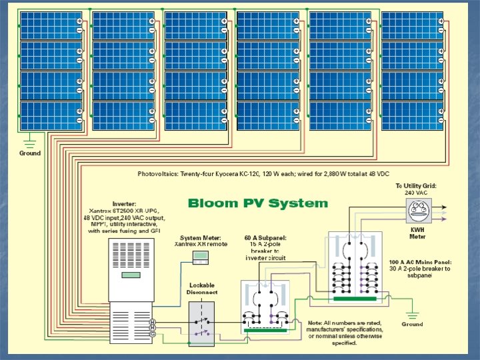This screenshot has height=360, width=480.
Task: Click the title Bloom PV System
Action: [x=258, y=203]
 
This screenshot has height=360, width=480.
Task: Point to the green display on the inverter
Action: [x=131, y=275]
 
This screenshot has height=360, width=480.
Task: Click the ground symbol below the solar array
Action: [x=29, y=141]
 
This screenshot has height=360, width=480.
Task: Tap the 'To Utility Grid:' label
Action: [x=416, y=186]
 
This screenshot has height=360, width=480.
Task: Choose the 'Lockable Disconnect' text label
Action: [x=201, y=289]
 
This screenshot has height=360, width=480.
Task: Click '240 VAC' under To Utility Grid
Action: [x=417, y=193]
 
